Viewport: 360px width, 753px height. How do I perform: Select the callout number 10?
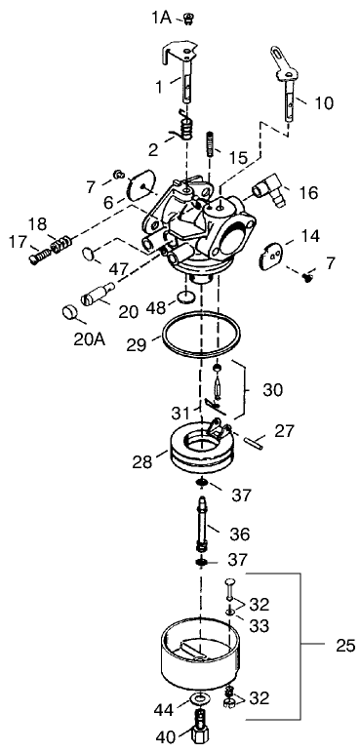pyautogui.click(x=324, y=102)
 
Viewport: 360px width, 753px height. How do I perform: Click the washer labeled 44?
pyautogui.click(x=200, y=700)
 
